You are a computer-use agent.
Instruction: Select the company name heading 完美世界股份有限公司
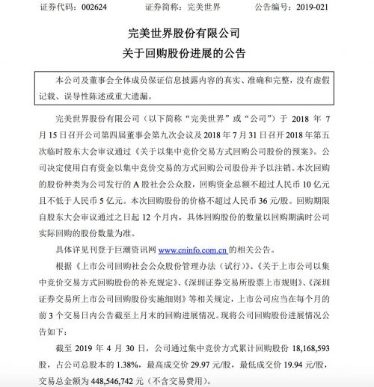coord(187,35)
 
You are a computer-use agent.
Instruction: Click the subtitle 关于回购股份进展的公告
coord(187,53)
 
